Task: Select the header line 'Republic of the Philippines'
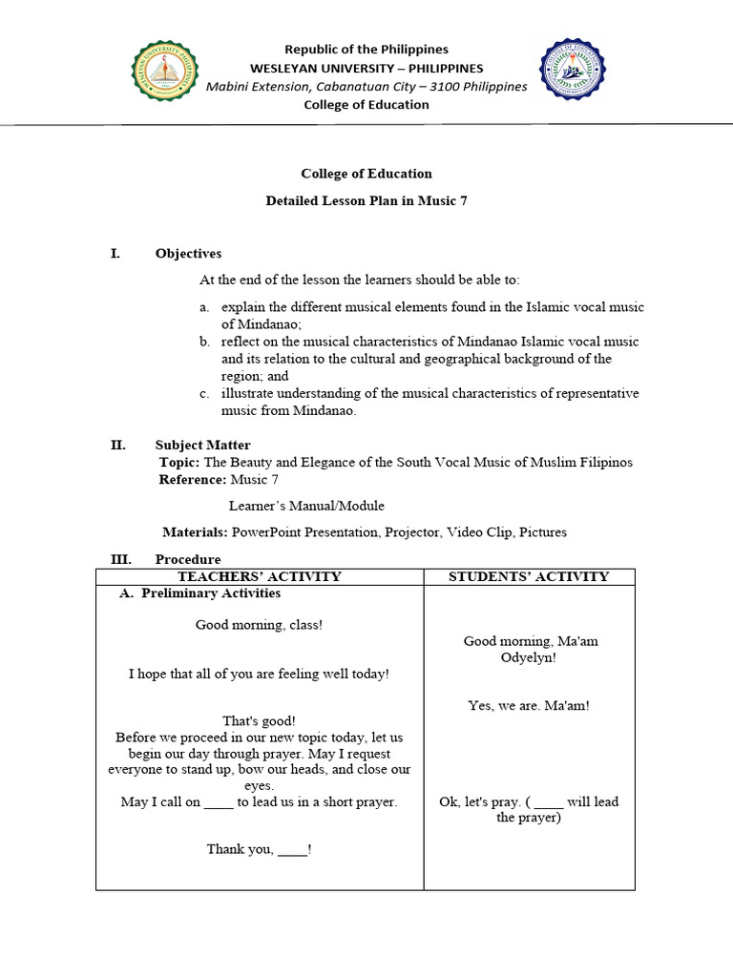pyautogui.click(x=366, y=50)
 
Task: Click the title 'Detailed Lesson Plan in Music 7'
pyautogui.click(x=366, y=200)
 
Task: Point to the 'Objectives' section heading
pyautogui.click(x=188, y=254)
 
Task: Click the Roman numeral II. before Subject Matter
pyautogui.click(x=118, y=446)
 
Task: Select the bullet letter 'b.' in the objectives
pyautogui.click(x=205, y=342)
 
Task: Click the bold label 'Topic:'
pyautogui.click(x=179, y=463)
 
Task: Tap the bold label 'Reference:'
pyautogui.click(x=193, y=480)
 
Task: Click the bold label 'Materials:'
pyautogui.click(x=195, y=532)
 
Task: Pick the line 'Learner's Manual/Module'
pyautogui.click(x=306, y=507)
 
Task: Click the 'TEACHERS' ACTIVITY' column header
pyautogui.click(x=260, y=576)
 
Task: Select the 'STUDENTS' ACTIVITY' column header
pyautogui.click(x=530, y=576)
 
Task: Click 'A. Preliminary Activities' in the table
pyautogui.click(x=199, y=593)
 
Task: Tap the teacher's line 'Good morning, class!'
pyautogui.click(x=259, y=625)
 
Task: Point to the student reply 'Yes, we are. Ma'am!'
pyautogui.click(x=529, y=706)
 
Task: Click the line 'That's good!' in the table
pyautogui.click(x=259, y=721)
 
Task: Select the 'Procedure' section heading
pyautogui.click(x=188, y=559)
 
